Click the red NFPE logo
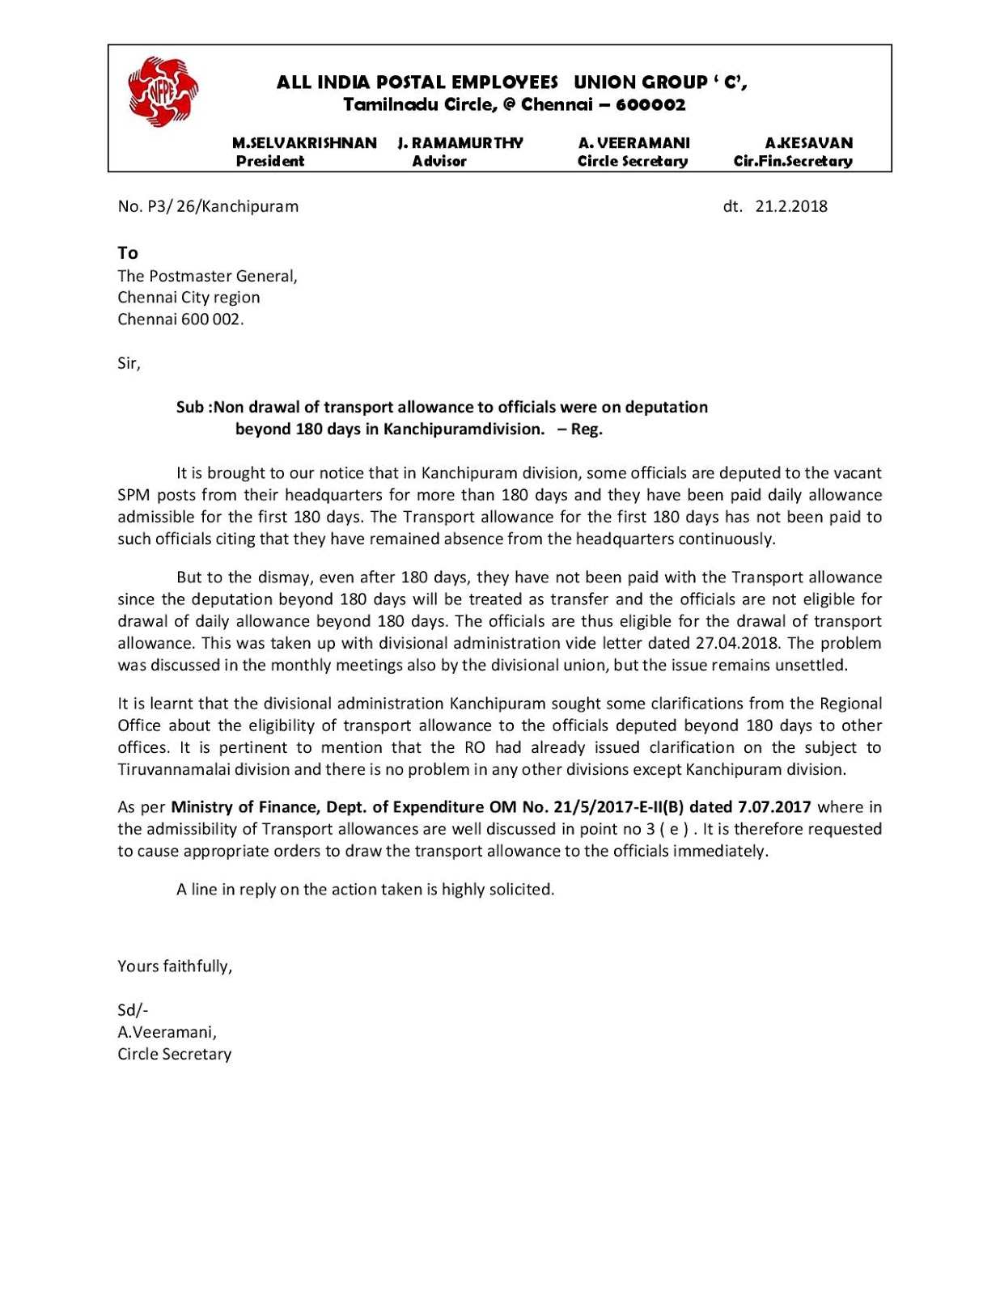163,91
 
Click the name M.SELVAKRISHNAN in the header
304,143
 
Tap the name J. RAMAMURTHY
460,143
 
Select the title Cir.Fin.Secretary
793,161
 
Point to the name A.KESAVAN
809,143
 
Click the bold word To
128,253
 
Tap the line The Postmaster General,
207,276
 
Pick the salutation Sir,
129,363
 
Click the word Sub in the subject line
190,407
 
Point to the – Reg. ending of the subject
579,429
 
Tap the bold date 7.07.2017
773,807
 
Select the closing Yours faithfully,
175,966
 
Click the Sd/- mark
133,1010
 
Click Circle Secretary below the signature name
174,1054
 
